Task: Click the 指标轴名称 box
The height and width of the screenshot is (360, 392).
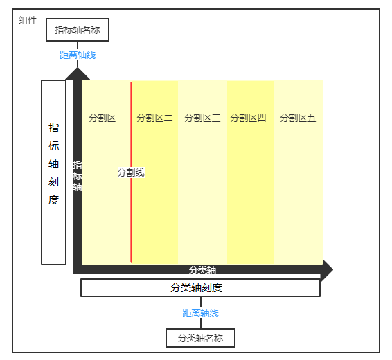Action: pos(78,30)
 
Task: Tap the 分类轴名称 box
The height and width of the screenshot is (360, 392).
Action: pos(200,338)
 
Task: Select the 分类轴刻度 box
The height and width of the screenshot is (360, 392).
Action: pos(200,288)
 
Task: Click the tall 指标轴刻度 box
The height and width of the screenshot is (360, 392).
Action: pos(53,172)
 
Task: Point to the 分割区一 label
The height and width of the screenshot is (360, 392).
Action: pos(107,118)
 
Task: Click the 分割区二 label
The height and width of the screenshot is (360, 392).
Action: pos(154,118)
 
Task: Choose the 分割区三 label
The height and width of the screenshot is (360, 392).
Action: pos(202,118)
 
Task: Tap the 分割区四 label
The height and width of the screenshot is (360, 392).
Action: pos(248,118)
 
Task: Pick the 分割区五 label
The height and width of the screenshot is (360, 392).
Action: pos(298,118)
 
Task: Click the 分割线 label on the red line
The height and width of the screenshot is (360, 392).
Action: pos(131,172)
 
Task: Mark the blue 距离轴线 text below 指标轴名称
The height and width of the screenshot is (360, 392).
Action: pos(78,55)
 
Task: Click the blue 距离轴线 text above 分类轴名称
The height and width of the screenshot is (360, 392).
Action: pos(200,313)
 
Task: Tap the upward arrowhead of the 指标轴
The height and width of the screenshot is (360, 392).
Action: pos(78,73)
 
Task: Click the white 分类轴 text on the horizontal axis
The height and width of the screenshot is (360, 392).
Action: pos(202,270)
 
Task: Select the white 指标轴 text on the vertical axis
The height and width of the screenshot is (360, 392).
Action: pos(78,176)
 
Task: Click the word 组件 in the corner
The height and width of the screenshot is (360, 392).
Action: pos(28,20)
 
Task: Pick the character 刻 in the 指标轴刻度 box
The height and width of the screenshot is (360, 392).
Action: pos(53,182)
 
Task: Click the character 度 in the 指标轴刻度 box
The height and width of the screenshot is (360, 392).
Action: pos(53,200)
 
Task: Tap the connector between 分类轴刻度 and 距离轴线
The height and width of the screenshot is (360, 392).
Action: pos(201,303)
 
